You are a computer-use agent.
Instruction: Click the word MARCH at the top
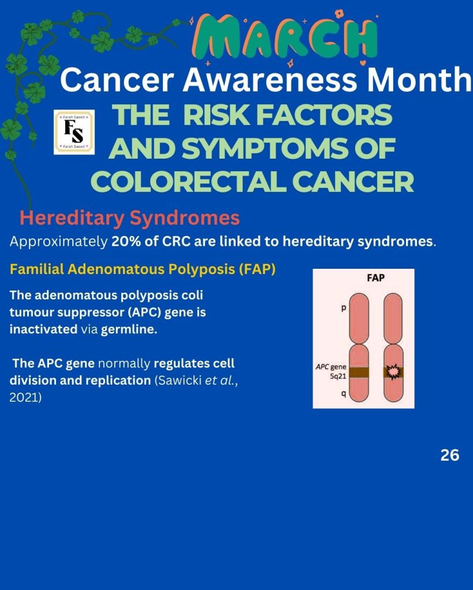tap(285, 37)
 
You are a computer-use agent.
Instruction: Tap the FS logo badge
tap(74, 132)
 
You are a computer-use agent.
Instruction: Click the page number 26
tap(450, 455)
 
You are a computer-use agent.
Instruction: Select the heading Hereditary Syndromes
tap(129, 218)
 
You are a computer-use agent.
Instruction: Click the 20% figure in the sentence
tap(126, 241)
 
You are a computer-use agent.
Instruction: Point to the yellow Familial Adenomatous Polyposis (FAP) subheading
tap(143, 269)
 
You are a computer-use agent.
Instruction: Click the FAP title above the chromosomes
tap(376, 278)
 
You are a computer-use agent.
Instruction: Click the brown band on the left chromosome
tap(359, 373)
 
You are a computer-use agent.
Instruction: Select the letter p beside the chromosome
tap(343, 309)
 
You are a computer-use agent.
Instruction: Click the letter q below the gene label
tap(343, 393)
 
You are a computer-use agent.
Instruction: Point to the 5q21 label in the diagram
tap(338, 376)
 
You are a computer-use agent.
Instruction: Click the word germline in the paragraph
tap(129, 330)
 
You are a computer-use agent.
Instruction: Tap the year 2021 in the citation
tap(25, 397)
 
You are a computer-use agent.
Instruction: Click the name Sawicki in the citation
tap(180, 381)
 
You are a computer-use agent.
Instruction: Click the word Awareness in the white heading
tap(269, 80)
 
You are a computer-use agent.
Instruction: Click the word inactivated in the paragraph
tap(43, 329)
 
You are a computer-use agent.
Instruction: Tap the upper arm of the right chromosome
tap(393, 318)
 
